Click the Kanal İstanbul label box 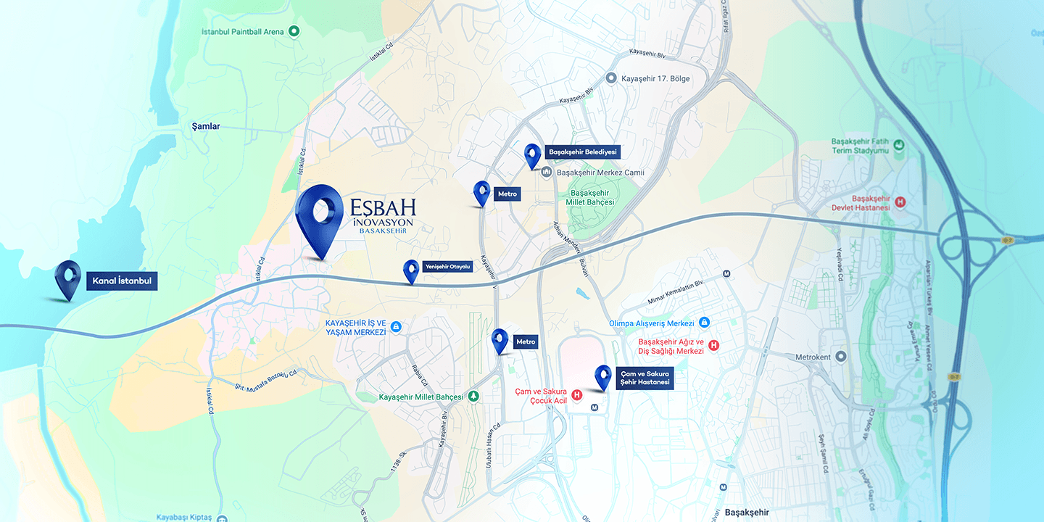click(x=122, y=281)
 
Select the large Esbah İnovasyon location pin click(x=320, y=217)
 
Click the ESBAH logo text click(x=381, y=206)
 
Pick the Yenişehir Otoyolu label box click(x=448, y=266)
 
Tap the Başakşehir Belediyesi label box click(x=582, y=152)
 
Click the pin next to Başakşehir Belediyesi click(x=533, y=155)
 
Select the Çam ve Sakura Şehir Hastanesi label click(x=645, y=378)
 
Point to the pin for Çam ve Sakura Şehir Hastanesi click(x=602, y=377)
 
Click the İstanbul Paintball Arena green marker click(x=294, y=31)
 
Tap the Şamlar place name click(x=205, y=126)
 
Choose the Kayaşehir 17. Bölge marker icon click(x=610, y=78)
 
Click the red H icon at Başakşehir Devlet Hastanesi click(x=900, y=202)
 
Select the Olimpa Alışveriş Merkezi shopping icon click(x=704, y=323)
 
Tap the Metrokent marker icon click(x=840, y=357)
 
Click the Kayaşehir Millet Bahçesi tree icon click(x=473, y=397)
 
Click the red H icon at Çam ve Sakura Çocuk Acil click(x=576, y=395)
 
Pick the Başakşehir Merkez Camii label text click(x=600, y=173)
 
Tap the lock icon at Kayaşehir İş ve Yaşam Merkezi click(x=396, y=327)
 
